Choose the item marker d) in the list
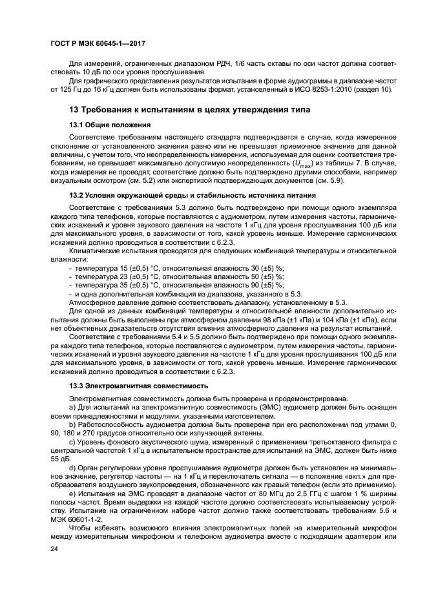pyautogui.click(x=72, y=469)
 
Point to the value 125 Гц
pyautogui.click(x=66, y=89)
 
